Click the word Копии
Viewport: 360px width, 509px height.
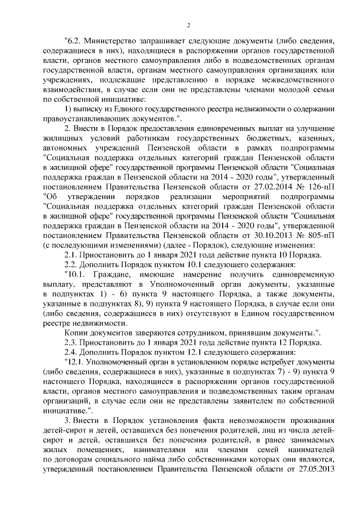[x=77, y=333]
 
